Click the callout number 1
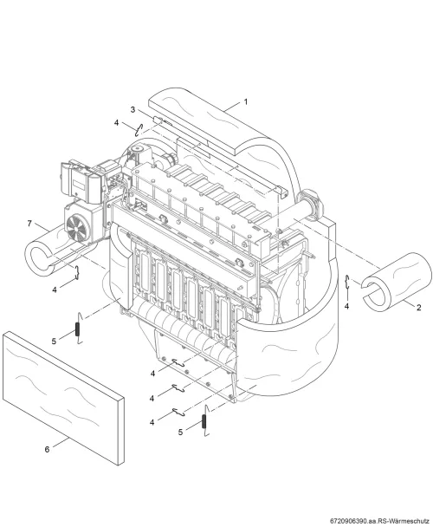coord(246,101)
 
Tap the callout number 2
coord(418,307)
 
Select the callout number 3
coord(132,109)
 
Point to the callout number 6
coord(47,449)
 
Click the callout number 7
coord(29,223)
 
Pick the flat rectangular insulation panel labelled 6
coord(63,398)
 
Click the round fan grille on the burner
coord(78,227)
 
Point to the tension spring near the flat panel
coord(78,329)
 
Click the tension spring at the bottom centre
coord(204,421)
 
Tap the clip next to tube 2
coord(348,282)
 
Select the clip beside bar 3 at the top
coord(139,130)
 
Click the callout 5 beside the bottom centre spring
coord(180,433)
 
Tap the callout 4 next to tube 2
coord(346,306)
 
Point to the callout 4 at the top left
coord(116,123)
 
